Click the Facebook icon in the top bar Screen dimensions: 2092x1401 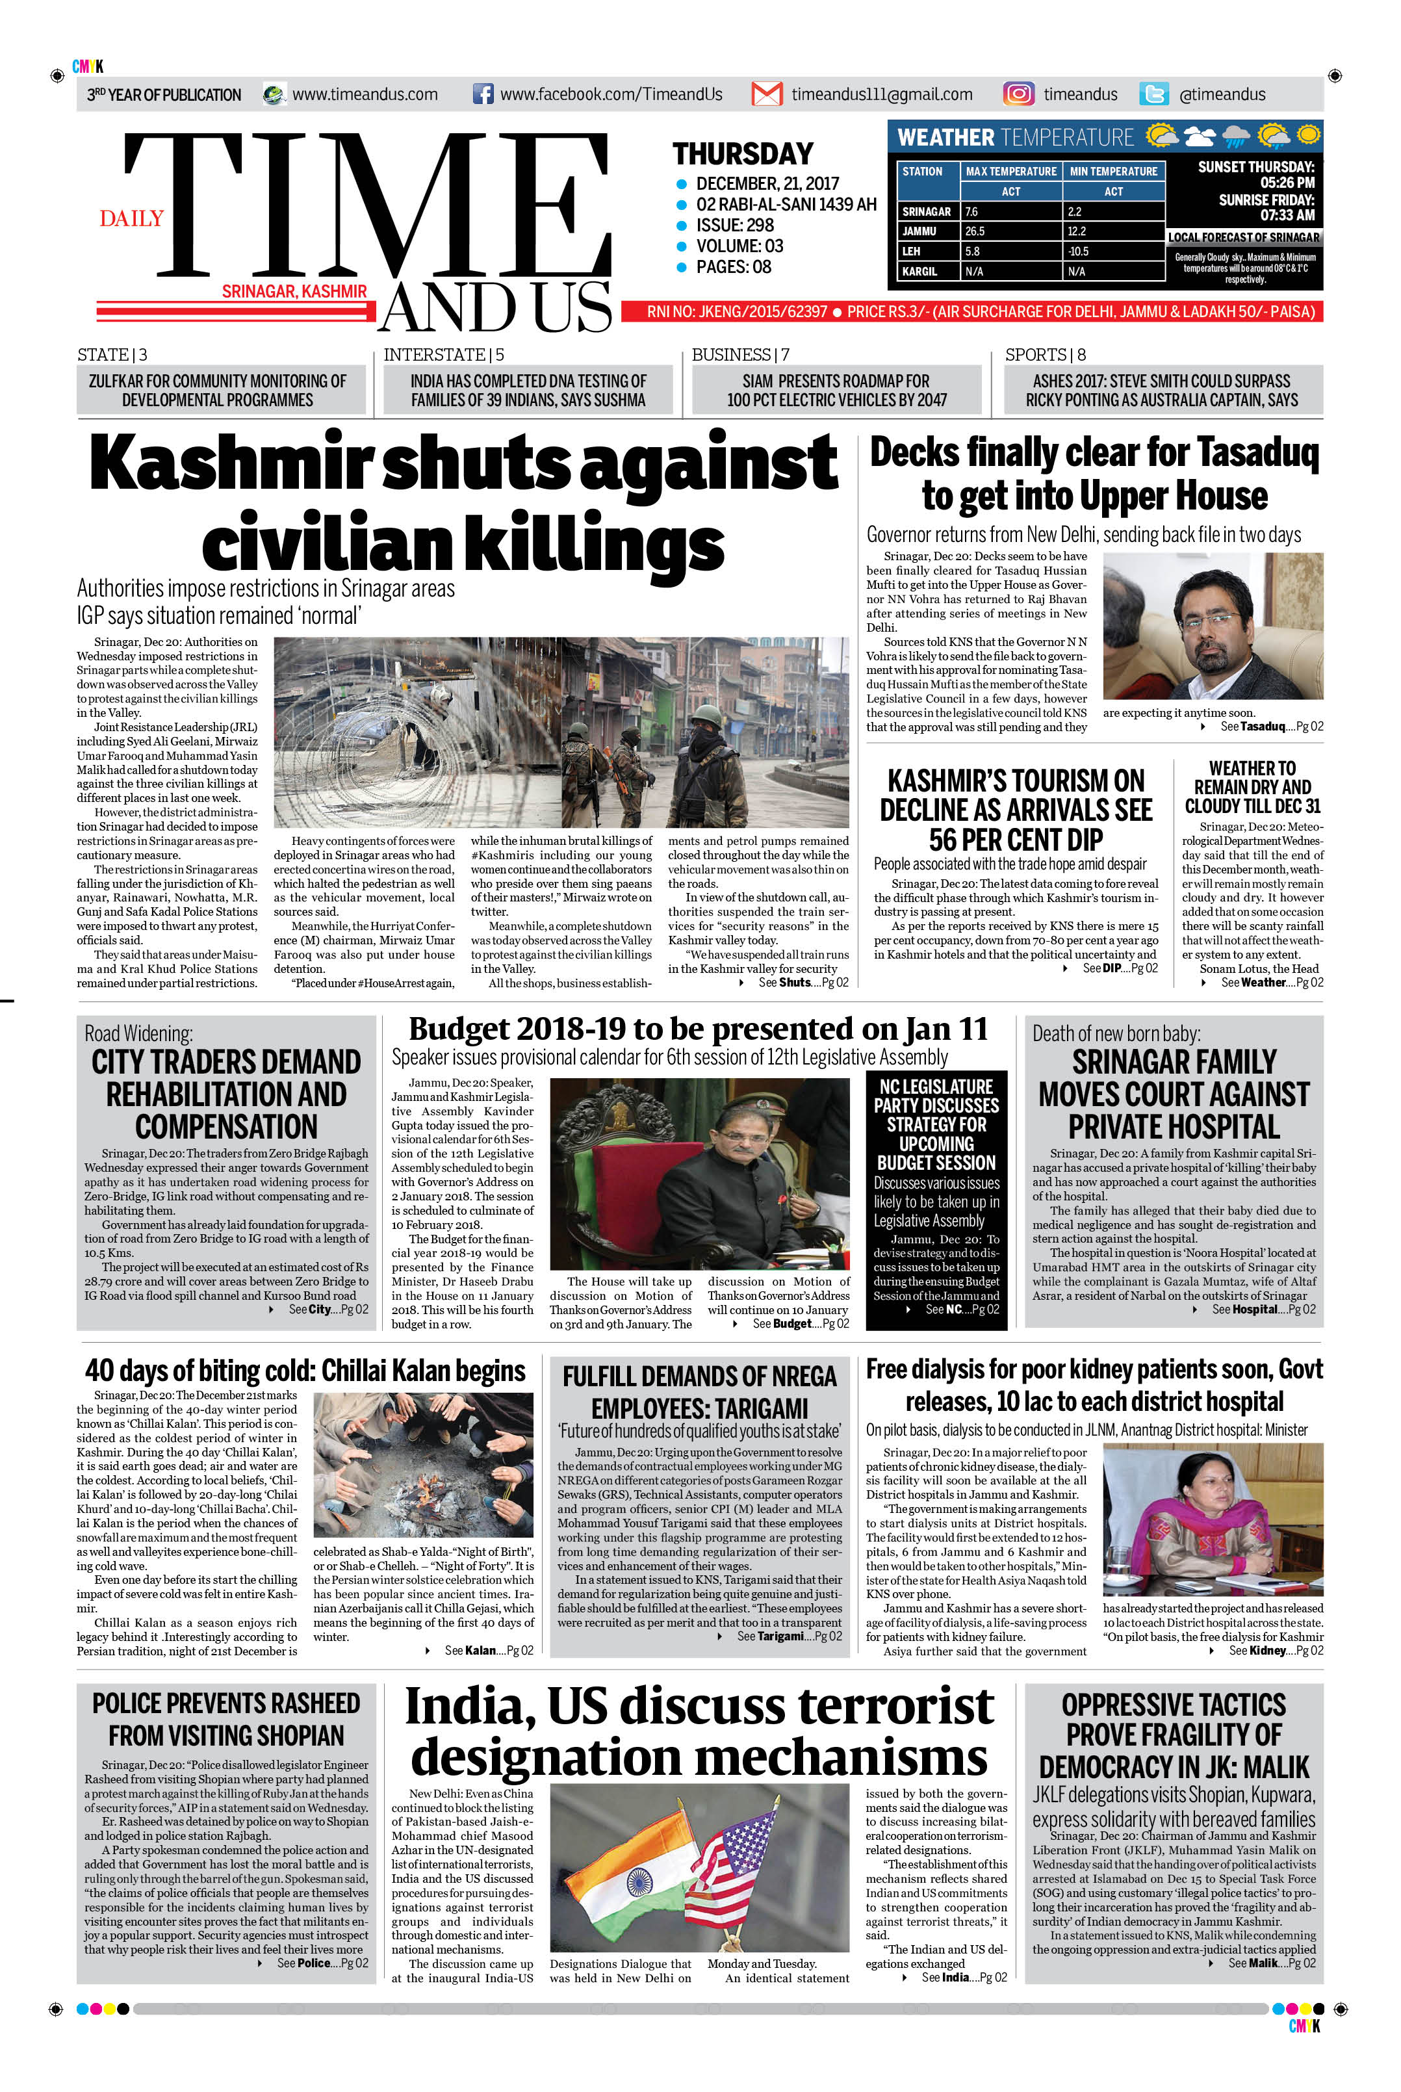click(482, 94)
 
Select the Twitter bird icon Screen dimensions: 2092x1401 click(1153, 94)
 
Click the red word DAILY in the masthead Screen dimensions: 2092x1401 click(131, 218)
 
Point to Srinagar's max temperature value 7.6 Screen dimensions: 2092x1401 click(971, 212)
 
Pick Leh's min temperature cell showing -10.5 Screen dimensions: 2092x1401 click(1079, 251)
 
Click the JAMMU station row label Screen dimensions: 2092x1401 click(919, 231)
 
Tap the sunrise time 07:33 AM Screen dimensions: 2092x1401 click(1287, 215)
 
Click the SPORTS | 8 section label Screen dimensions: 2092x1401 click(1044, 355)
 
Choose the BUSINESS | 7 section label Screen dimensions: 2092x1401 click(739, 355)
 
